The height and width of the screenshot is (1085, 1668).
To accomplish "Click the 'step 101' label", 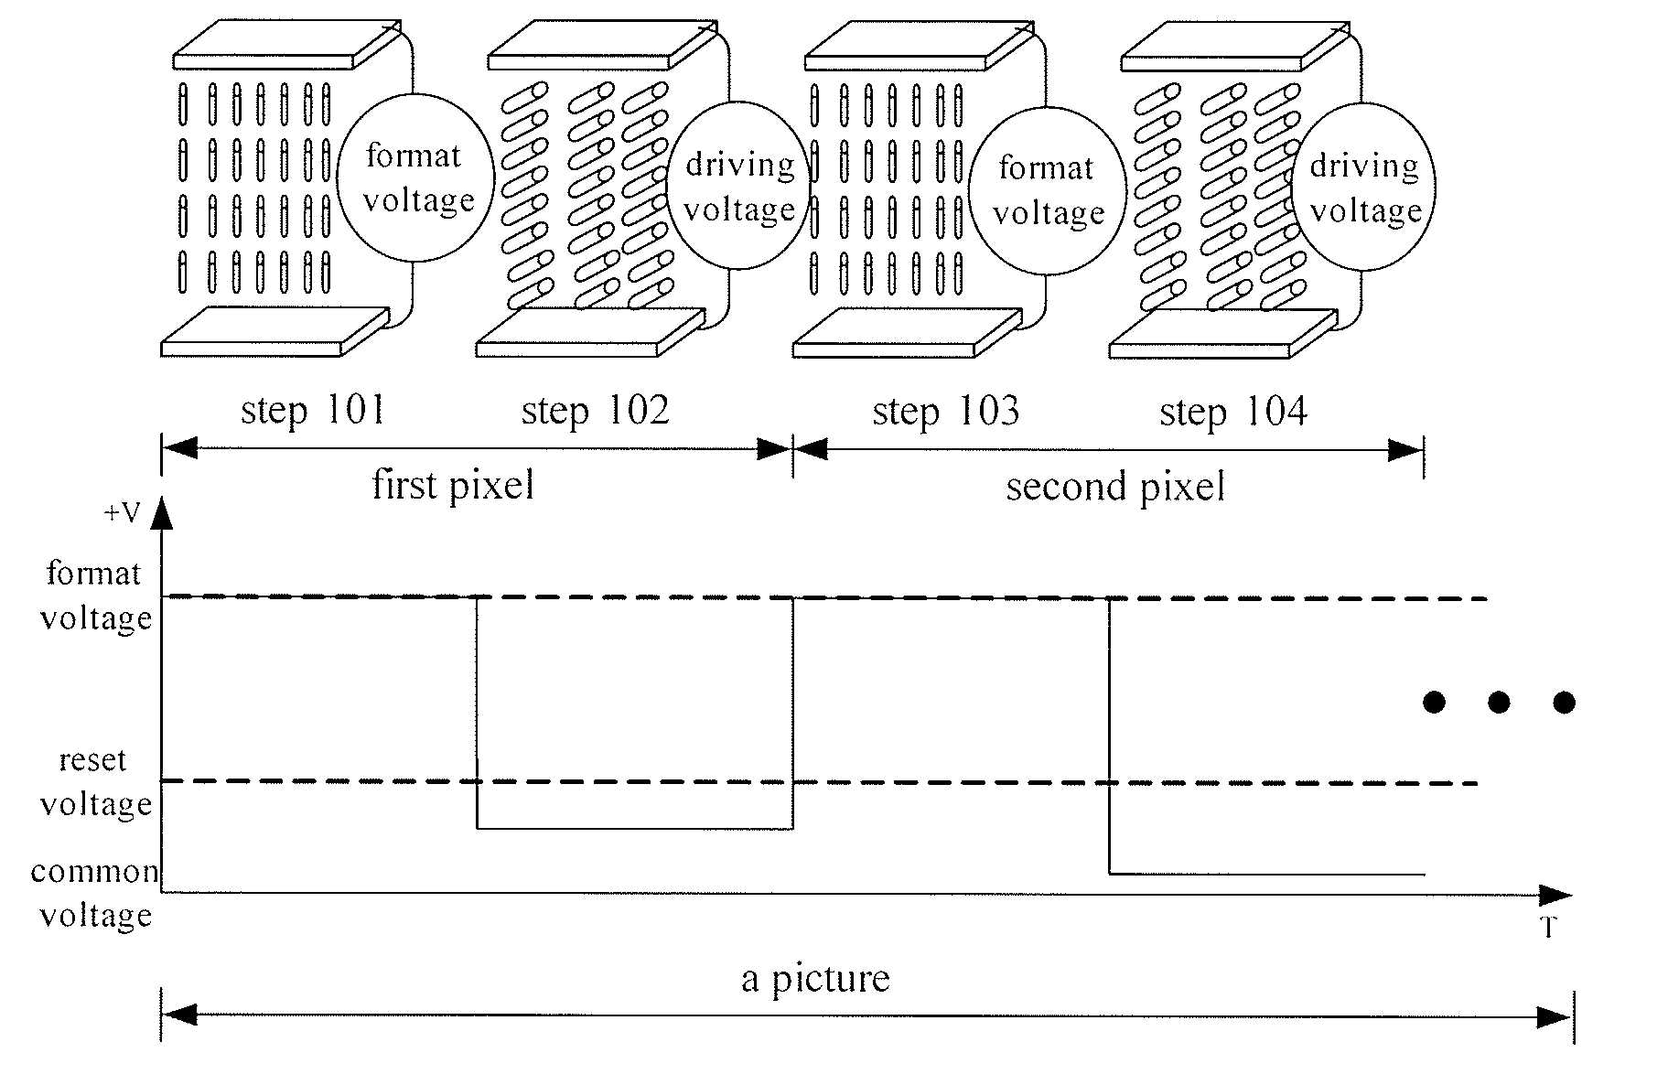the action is click(312, 411).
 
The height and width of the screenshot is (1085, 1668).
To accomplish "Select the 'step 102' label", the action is click(595, 411).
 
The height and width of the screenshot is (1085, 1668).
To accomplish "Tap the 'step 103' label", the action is click(945, 412).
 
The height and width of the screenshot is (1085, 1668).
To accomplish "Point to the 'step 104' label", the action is click(1233, 412).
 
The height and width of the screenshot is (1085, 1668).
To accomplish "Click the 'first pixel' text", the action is click(453, 485).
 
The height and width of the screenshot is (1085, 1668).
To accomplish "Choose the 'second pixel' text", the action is click(1115, 487).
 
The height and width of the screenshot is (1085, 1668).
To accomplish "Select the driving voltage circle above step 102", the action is click(739, 186).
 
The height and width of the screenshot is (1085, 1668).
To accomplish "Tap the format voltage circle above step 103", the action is click(1048, 190).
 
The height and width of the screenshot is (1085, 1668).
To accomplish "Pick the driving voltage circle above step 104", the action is click(1364, 188).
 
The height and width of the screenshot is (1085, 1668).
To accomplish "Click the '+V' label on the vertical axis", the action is click(122, 513).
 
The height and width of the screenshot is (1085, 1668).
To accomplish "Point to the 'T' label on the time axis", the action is click(1548, 929).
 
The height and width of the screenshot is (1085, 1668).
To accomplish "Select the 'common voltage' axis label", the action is click(94, 893).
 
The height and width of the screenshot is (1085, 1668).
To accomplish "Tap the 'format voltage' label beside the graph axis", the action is click(95, 596).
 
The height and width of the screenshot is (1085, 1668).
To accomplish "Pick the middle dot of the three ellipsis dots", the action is click(1499, 703).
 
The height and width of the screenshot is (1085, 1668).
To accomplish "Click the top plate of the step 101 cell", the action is click(286, 44).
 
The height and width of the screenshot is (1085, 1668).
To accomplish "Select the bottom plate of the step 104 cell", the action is click(1222, 334).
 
